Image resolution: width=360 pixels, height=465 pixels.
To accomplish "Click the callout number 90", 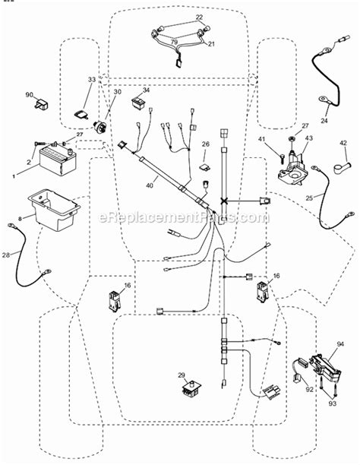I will pos(30,95).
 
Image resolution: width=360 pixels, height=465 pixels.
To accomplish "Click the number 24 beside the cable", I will pos(324,120).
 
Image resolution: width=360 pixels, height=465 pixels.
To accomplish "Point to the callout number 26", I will pos(205,144).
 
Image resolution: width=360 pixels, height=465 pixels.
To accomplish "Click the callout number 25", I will pos(310,198).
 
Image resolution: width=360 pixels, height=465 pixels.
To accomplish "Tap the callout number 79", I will pos(174,41).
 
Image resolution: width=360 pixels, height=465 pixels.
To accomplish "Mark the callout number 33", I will pos(92,80).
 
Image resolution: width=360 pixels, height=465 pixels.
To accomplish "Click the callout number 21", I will pos(211,44).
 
